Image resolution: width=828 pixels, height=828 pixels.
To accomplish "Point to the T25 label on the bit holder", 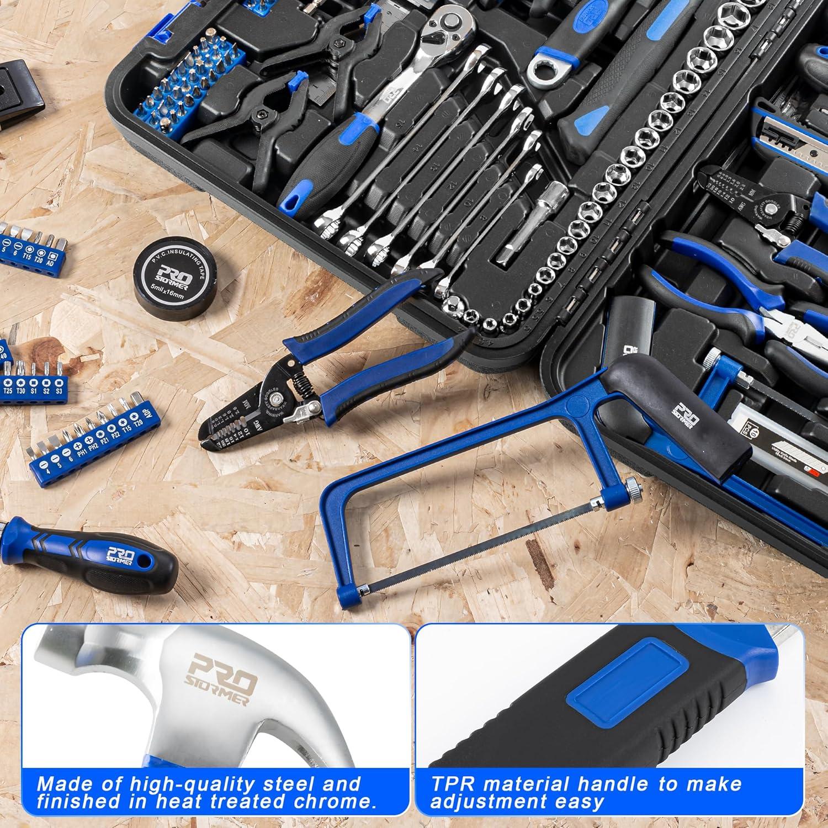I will [x=8, y=391].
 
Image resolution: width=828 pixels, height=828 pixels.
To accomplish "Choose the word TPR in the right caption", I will [x=450, y=783].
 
